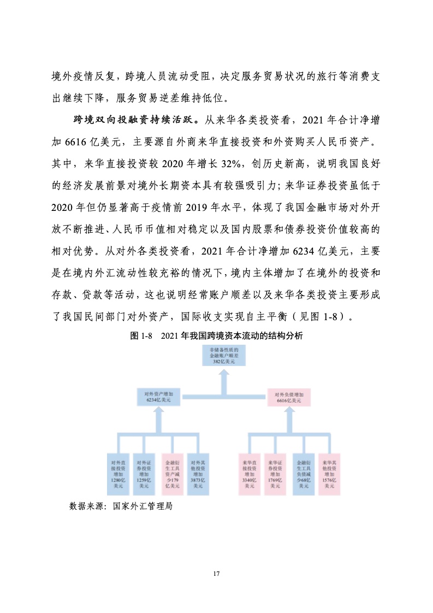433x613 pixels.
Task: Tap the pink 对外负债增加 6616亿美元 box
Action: click(x=289, y=397)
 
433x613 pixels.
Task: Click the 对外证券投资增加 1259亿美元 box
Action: click(x=144, y=474)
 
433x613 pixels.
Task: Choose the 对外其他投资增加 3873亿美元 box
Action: click(x=198, y=474)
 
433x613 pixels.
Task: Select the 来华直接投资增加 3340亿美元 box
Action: click(x=249, y=474)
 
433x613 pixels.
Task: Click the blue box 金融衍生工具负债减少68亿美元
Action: click(x=303, y=474)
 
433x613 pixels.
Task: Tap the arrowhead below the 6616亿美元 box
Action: click(x=289, y=413)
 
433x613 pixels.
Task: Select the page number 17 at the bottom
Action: click(x=217, y=574)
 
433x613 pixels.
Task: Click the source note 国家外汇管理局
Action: click(x=143, y=506)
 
